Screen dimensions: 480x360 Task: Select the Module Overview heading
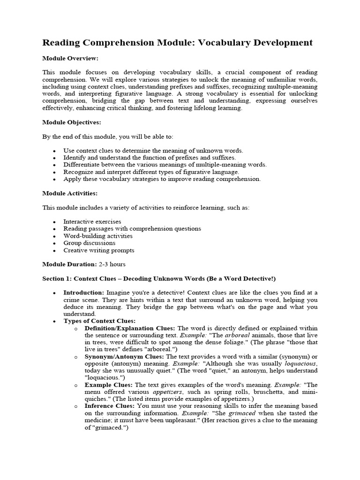(x=70, y=58)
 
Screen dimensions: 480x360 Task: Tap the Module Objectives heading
(x=72, y=122)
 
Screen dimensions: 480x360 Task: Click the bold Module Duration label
(x=69, y=264)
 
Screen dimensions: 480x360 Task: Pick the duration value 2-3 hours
(x=112, y=264)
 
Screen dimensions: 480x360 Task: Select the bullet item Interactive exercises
(x=92, y=222)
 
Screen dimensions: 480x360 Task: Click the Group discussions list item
(x=90, y=243)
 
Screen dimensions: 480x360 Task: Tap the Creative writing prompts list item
(x=99, y=250)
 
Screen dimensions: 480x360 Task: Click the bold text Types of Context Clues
(x=100, y=321)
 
